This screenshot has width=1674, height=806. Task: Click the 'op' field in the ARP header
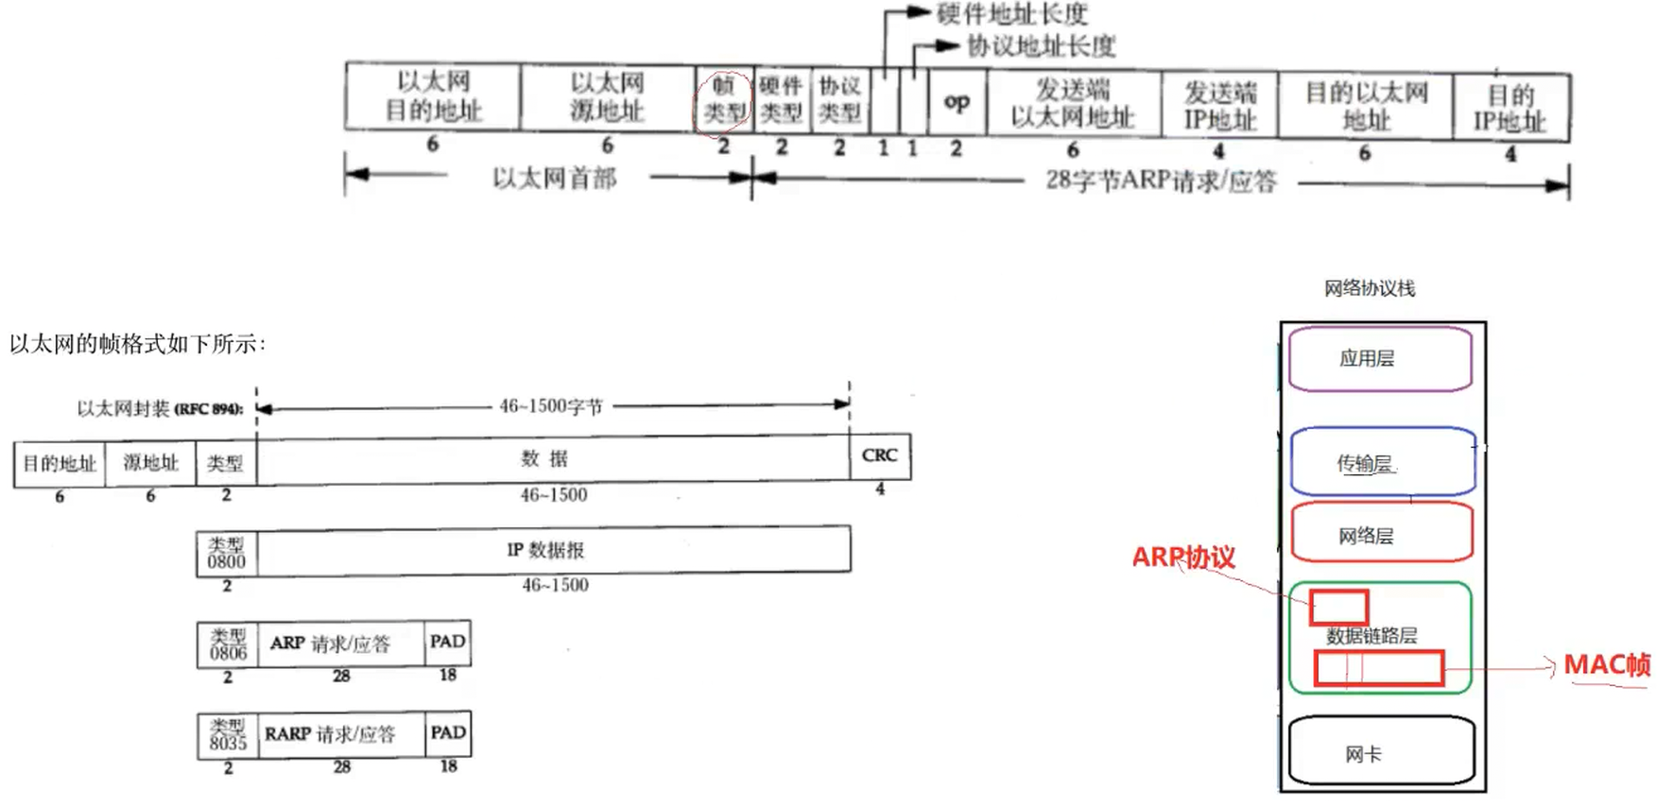pyautogui.click(x=957, y=101)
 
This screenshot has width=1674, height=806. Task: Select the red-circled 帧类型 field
pyautogui.click(x=724, y=99)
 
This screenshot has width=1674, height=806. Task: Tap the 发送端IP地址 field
pyautogui.click(x=1219, y=106)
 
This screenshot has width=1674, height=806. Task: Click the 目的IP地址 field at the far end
pyautogui.click(x=1510, y=108)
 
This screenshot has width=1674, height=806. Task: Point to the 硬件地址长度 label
pyautogui.click(x=1012, y=13)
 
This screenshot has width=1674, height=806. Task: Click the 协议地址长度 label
pyautogui.click(x=1041, y=45)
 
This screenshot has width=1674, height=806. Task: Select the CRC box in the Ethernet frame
pyautogui.click(x=880, y=455)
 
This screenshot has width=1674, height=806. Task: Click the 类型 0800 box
pyautogui.click(x=227, y=553)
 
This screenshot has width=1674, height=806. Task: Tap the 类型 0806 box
pyautogui.click(x=227, y=644)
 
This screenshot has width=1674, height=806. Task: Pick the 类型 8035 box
pyautogui.click(x=227, y=735)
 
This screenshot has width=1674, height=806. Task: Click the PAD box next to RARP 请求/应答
pyautogui.click(x=448, y=733)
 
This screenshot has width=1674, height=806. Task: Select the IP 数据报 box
pyautogui.click(x=553, y=550)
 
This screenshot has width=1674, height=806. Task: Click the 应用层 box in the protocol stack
pyautogui.click(x=1379, y=358)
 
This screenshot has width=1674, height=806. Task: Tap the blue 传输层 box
pyautogui.click(x=1381, y=462)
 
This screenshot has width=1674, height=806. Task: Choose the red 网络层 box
pyautogui.click(x=1381, y=535)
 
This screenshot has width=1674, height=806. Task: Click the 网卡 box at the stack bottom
pyautogui.click(x=1381, y=752)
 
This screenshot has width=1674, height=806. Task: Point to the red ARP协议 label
pyautogui.click(x=1183, y=557)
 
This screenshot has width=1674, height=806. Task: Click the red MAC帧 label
pyautogui.click(x=1607, y=665)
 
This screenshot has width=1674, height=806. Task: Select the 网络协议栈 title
pyautogui.click(x=1369, y=288)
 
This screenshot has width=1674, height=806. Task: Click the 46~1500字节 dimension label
pyautogui.click(x=551, y=406)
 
